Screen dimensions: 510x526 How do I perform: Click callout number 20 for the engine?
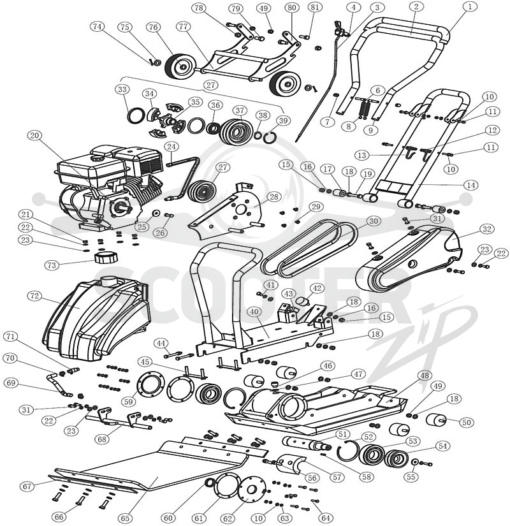pos(34,136)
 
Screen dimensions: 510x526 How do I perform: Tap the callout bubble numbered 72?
pos(35,296)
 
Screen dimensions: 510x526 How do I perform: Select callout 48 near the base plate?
pos(425,376)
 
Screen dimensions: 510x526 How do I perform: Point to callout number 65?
pos(125,518)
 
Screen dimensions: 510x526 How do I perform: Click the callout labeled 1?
pos(470,7)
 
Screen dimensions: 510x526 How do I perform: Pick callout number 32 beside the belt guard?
pos(487,229)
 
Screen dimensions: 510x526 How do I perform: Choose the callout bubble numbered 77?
pos(183,27)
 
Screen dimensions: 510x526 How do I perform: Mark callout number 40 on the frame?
pos(254,312)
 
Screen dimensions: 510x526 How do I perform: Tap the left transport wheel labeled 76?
pos(177,66)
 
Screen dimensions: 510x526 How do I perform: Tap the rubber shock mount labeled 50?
pos(436,420)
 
